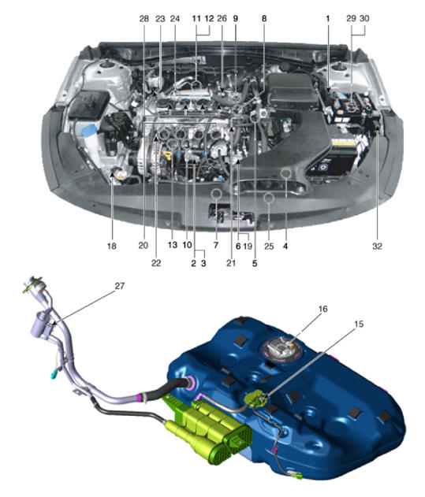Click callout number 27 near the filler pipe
click(119, 286)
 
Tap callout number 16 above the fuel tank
click(322, 309)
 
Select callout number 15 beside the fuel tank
click(359, 324)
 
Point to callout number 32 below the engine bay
click(377, 246)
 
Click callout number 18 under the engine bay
click(112, 246)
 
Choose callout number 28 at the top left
click(144, 19)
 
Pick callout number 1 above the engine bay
click(327, 19)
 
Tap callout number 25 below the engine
click(269, 246)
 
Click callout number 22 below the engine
click(156, 263)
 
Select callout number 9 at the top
click(235, 19)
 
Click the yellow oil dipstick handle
click(167, 155)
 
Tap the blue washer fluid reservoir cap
click(89, 130)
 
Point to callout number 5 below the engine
click(255, 263)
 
